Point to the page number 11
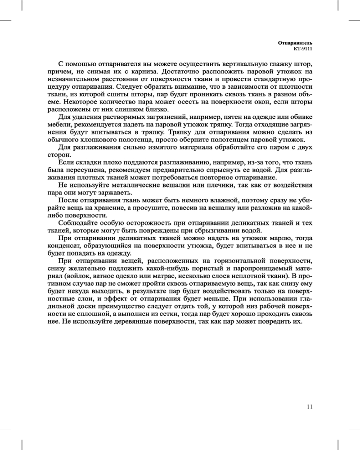coord(309,407)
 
